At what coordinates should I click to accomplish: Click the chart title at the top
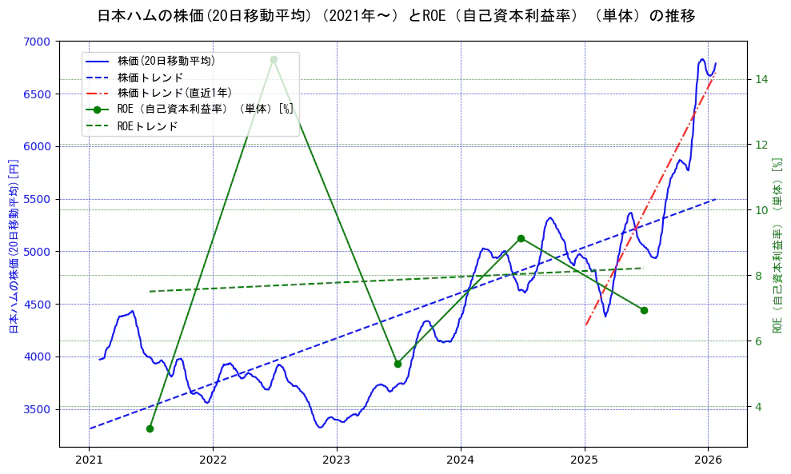pos(395,16)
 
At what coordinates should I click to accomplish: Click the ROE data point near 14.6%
pos(274,59)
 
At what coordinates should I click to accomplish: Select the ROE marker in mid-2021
pos(150,428)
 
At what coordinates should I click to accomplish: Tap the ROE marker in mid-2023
pos(397,364)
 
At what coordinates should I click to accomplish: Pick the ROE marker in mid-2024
pos(521,238)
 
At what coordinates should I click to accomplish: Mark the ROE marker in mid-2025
pos(644,310)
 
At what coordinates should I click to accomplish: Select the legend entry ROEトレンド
pos(147,126)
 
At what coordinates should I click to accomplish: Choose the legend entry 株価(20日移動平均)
pos(166,60)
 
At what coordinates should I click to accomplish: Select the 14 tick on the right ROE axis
pos(762,79)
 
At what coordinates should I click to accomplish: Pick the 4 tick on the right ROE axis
pos(759,407)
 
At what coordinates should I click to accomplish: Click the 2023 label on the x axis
pos(337,460)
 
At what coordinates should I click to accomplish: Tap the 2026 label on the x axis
pos(709,460)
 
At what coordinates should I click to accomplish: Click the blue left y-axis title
pos(13,245)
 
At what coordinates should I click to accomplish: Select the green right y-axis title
pos(777,245)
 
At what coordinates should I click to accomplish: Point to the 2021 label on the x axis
pos(89,460)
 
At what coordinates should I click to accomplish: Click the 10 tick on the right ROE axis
pos(762,210)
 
